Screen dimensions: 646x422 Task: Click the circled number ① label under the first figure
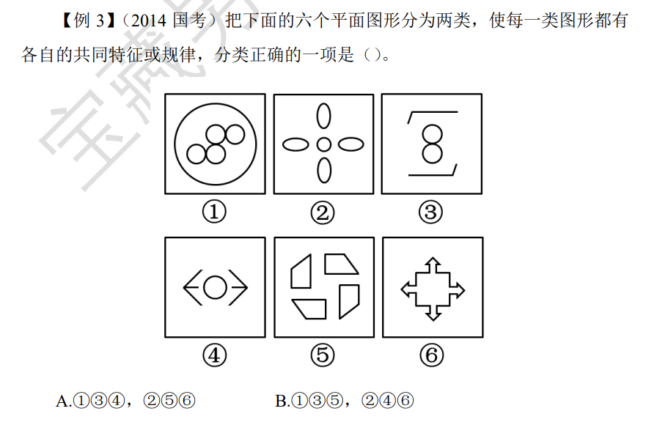click(214, 212)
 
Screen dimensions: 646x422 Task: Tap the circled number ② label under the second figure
click(323, 213)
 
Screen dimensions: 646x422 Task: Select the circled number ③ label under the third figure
click(430, 212)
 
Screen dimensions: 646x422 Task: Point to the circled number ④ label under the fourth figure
click(215, 355)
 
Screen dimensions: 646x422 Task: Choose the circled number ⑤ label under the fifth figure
click(323, 355)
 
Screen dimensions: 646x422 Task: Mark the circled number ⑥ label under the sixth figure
click(432, 355)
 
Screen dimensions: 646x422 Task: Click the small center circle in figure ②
click(324, 144)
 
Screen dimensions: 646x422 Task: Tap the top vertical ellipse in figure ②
click(324, 116)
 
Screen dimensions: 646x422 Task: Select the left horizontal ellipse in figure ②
click(296, 144)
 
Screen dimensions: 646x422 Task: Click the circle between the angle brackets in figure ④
click(215, 287)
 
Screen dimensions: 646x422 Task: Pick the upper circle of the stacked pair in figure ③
click(432, 135)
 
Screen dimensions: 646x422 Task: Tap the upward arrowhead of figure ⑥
click(433, 263)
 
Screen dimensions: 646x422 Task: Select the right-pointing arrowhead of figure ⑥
click(459, 290)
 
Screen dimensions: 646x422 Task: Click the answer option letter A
click(63, 401)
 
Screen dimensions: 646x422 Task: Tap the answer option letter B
click(282, 401)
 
